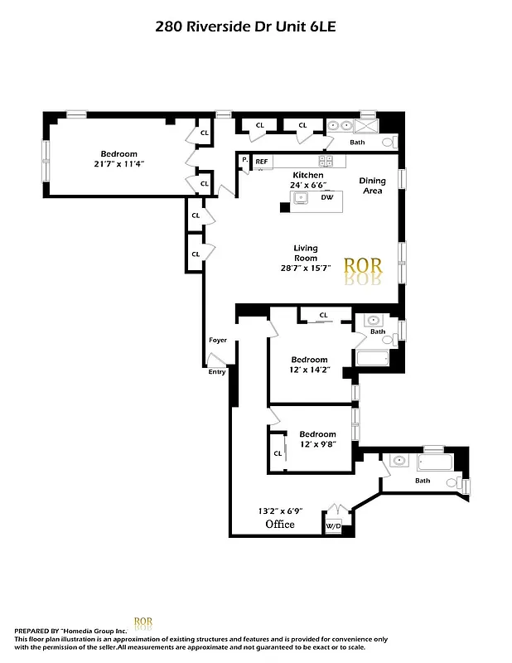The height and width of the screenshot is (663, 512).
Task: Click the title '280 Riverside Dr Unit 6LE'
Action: click(x=245, y=26)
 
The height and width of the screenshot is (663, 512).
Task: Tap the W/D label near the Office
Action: click(x=334, y=525)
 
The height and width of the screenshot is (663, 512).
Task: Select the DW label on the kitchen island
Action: click(x=326, y=197)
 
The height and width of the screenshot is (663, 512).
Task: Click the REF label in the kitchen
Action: click(x=261, y=161)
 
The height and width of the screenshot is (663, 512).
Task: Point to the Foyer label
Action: click(x=218, y=340)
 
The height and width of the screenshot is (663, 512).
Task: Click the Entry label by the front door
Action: click(x=217, y=371)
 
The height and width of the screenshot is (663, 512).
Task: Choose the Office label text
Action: click(x=280, y=525)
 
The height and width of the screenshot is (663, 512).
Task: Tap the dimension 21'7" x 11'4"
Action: click(x=119, y=164)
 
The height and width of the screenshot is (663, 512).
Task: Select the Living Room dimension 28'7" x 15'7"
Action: click(x=305, y=268)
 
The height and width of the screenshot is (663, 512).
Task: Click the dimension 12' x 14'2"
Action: click(x=309, y=370)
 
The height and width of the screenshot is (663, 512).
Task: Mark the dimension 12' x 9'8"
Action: click(x=317, y=445)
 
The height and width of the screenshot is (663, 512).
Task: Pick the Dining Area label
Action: click(x=372, y=186)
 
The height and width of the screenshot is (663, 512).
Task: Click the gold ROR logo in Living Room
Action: click(x=363, y=266)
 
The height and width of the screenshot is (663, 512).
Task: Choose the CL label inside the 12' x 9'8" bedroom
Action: click(x=278, y=453)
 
